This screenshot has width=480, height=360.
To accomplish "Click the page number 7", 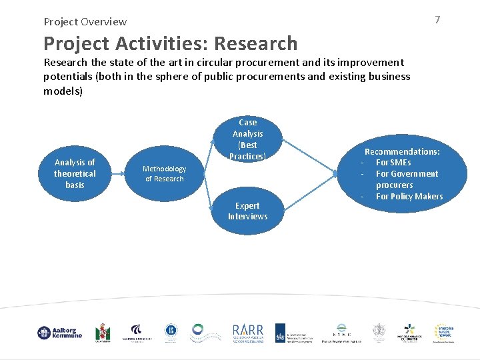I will [x=437, y=20].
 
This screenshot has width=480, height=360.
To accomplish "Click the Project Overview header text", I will [x=85, y=21].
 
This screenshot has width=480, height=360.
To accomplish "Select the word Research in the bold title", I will [x=255, y=43].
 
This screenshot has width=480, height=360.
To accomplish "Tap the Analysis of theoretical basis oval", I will [x=75, y=173].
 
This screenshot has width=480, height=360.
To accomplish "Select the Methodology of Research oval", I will [x=164, y=173].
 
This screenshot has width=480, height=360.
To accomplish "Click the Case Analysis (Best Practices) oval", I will [x=247, y=139].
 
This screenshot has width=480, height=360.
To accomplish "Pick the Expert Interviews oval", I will [x=247, y=211].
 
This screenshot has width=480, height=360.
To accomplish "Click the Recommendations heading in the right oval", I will [x=402, y=151].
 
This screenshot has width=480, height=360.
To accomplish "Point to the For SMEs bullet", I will [x=393, y=162].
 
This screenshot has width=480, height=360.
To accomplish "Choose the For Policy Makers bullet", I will [x=409, y=196].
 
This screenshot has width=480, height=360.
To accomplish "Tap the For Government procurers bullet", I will [x=407, y=179].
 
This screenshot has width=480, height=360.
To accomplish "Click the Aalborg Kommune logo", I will [x=59, y=332].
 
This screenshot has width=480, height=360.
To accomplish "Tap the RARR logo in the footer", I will [x=247, y=332].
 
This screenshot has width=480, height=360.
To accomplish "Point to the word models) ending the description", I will [x=63, y=90].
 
